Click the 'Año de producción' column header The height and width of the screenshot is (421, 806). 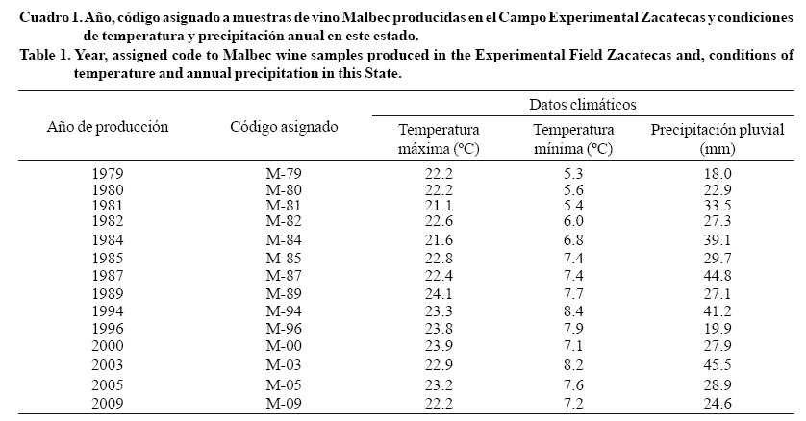(x=108, y=126)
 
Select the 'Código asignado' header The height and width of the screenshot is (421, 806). (x=284, y=126)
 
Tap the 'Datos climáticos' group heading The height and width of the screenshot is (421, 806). (x=583, y=104)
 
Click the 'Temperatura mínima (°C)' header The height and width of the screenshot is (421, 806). (x=573, y=138)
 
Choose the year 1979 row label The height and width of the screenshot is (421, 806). (x=108, y=174)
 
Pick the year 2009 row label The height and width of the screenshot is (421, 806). (x=108, y=402)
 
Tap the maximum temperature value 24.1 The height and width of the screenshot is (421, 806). (x=439, y=292)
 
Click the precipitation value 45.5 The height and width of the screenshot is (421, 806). (x=718, y=366)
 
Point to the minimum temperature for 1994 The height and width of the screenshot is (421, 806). (x=573, y=310)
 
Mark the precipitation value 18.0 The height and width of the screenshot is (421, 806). (x=718, y=174)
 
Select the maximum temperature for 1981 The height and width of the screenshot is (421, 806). (x=439, y=205)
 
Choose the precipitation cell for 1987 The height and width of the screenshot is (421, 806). (x=718, y=275)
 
